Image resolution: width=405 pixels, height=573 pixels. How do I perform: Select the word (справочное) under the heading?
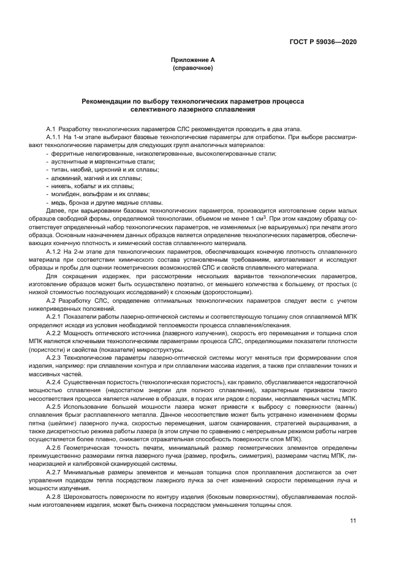[x=192, y=67]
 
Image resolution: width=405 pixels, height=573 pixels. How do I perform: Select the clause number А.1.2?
[x=55, y=251]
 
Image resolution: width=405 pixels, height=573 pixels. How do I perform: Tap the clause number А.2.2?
[x=55, y=332]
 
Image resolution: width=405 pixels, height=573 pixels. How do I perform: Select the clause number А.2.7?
[x=55, y=475]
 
